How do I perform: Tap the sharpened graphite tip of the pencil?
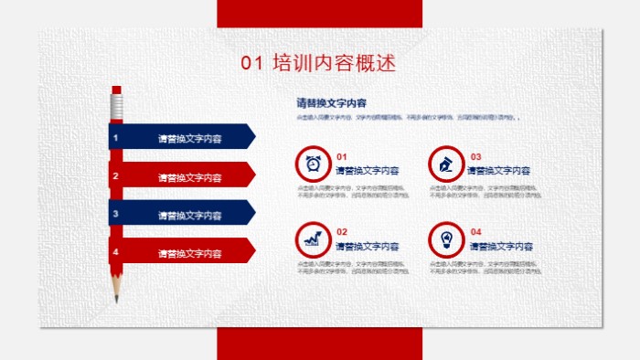[x=117, y=298]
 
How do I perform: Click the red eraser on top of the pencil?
[x=116, y=90]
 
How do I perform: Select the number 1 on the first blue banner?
[x=115, y=138]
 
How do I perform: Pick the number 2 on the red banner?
[x=115, y=176]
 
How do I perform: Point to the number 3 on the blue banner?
[x=115, y=214]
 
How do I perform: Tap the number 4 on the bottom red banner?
[x=115, y=251]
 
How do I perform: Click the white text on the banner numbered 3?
[x=189, y=215]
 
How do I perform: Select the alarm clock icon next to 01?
[x=313, y=164]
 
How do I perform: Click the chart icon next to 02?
[x=313, y=239]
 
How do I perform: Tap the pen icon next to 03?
[x=446, y=164]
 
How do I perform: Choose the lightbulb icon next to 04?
[x=446, y=239]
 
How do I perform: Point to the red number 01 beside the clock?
[x=342, y=156]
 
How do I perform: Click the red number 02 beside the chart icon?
[x=342, y=232]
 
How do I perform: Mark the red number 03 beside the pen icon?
[x=475, y=156]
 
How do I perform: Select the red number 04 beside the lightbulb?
[x=475, y=232]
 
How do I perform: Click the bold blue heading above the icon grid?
[x=331, y=102]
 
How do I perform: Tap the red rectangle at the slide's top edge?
[x=319, y=13]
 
